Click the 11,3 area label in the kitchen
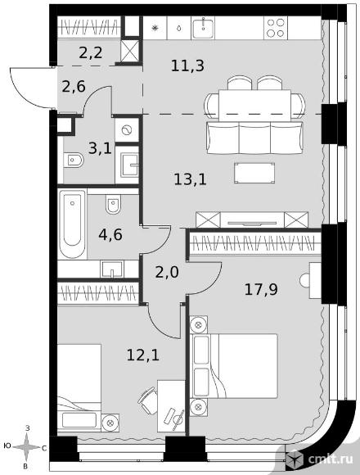(x=187, y=66)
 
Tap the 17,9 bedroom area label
(x=261, y=289)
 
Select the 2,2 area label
(x=91, y=52)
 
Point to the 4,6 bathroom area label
(x=110, y=234)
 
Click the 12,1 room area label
(x=143, y=355)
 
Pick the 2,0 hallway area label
(x=167, y=272)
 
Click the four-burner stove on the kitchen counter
(x=276, y=28)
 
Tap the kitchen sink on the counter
(x=203, y=28)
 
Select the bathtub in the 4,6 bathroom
(x=72, y=224)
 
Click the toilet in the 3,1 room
(x=74, y=161)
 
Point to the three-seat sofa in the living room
(x=254, y=138)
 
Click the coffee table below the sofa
(x=254, y=173)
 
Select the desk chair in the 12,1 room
(x=147, y=401)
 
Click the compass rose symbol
(x=27, y=447)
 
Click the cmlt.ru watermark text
(x=331, y=459)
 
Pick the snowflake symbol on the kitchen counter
(x=155, y=28)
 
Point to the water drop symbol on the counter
(x=179, y=28)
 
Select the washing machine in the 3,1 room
(x=127, y=130)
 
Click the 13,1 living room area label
(x=191, y=179)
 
